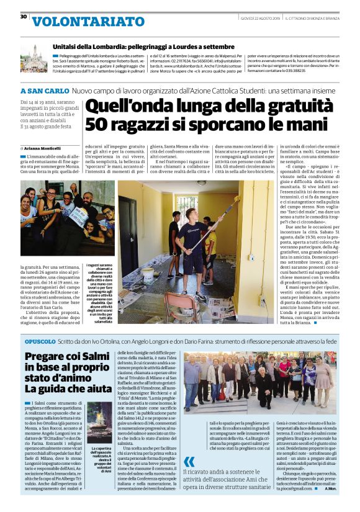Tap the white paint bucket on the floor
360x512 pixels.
tap(149, 276)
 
